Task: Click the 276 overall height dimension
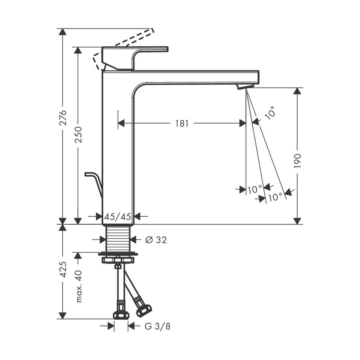[x=62, y=117]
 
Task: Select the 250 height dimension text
[x=78, y=135]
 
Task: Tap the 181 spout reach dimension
[x=182, y=124]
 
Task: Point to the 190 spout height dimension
[x=297, y=160]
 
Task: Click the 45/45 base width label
[x=118, y=217]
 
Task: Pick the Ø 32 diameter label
[x=156, y=240]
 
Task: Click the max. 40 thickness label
[x=78, y=286]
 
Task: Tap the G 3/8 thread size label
[x=157, y=326]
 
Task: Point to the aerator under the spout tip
[x=245, y=86]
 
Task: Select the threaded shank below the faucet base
[x=118, y=238]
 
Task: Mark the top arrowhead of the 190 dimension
[x=297, y=91]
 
